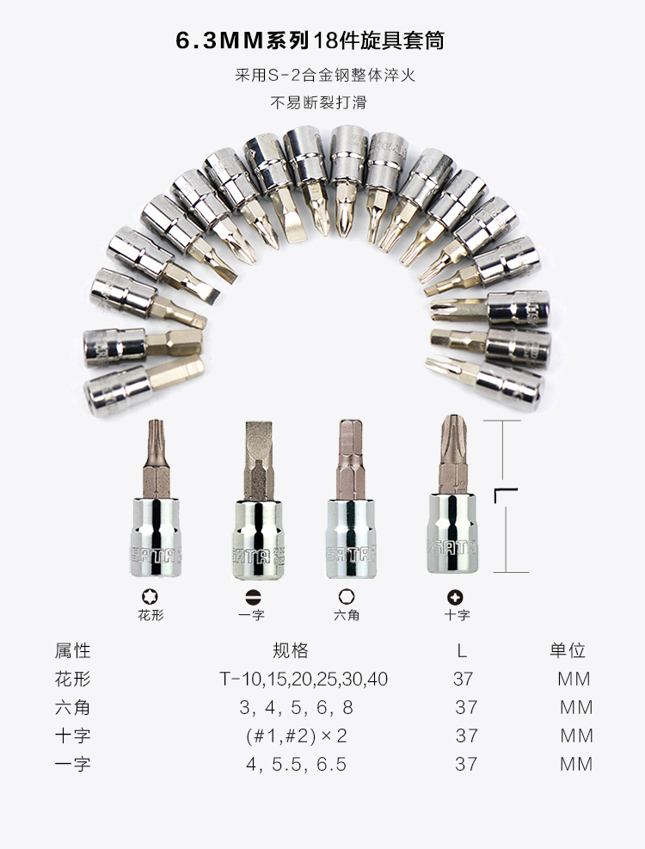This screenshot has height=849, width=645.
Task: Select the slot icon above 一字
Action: pyautogui.click(x=253, y=597)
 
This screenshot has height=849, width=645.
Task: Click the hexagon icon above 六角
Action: pyautogui.click(x=347, y=597)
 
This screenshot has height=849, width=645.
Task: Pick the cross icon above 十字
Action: pyautogui.click(x=455, y=597)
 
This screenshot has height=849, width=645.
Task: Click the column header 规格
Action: pyautogui.click(x=291, y=650)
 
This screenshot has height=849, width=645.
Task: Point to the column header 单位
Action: pyautogui.click(x=568, y=650)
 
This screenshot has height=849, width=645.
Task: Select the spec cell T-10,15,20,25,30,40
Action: pyautogui.click(x=304, y=679)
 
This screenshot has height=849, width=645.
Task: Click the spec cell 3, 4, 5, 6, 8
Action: pyautogui.click(x=296, y=707)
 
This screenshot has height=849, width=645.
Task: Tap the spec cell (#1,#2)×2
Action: pyautogui.click(x=296, y=735)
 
